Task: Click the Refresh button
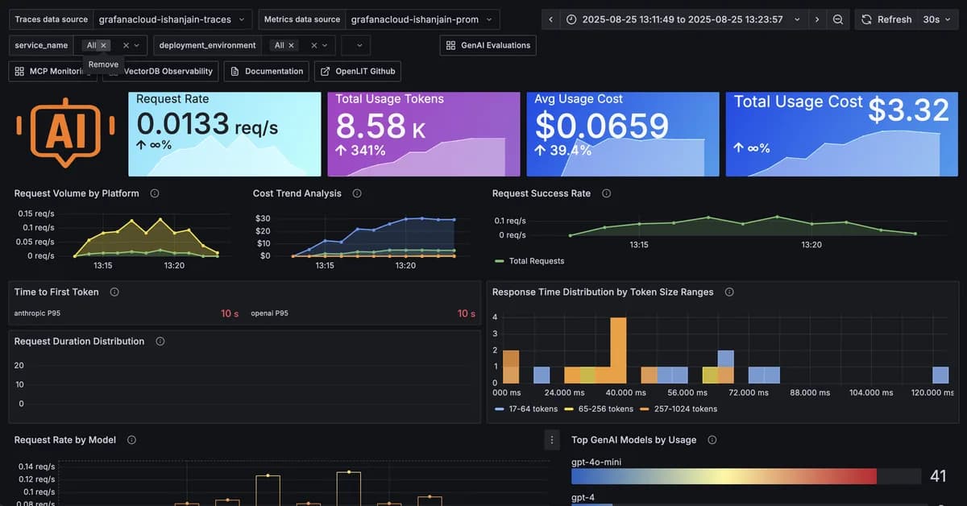click(x=886, y=19)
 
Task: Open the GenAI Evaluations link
click(x=488, y=46)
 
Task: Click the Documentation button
click(x=267, y=71)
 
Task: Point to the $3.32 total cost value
click(x=908, y=110)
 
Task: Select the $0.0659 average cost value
click(x=602, y=126)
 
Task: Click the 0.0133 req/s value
click(x=207, y=125)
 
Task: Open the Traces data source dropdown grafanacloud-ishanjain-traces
click(x=172, y=19)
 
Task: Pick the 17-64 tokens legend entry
click(x=533, y=409)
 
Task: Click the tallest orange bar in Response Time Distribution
click(x=618, y=350)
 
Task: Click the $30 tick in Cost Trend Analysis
click(x=262, y=218)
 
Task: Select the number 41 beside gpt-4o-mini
click(x=938, y=476)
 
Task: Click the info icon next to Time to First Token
click(x=114, y=292)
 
